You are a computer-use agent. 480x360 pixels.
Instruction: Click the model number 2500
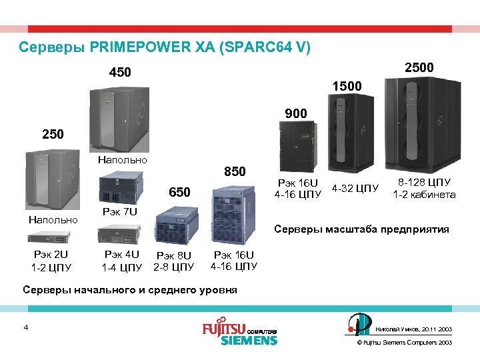click(419, 67)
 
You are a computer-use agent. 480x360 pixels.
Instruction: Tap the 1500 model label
click(347, 87)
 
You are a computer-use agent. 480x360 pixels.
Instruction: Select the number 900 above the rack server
click(295, 114)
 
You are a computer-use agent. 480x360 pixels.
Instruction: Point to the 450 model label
click(120, 72)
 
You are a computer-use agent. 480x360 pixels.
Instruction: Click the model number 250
click(53, 134)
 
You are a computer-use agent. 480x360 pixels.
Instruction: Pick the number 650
click(179, 193)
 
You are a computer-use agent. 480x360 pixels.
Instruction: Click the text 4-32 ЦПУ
click(355, 188)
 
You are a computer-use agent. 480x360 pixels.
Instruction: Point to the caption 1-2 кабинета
click(424, 195)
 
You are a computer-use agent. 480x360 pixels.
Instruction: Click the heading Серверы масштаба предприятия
click(362, 229)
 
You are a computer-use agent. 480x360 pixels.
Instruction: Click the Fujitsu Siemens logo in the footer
click(239, 333)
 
